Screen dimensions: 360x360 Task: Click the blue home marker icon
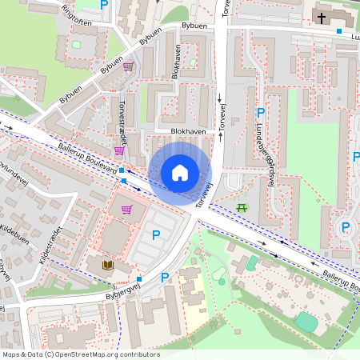(180, 172)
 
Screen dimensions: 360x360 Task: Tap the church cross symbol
(321, 17)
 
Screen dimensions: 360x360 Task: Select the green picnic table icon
(242, 208)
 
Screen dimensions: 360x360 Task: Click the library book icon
(106, 264)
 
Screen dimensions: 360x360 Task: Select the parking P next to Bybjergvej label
(165, 278)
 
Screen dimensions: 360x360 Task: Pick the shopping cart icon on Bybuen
(128, 66)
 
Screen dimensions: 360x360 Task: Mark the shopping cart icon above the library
(126, 210)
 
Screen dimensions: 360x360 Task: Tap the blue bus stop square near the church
(339, 31)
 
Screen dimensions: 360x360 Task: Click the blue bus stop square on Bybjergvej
(139, 279)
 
